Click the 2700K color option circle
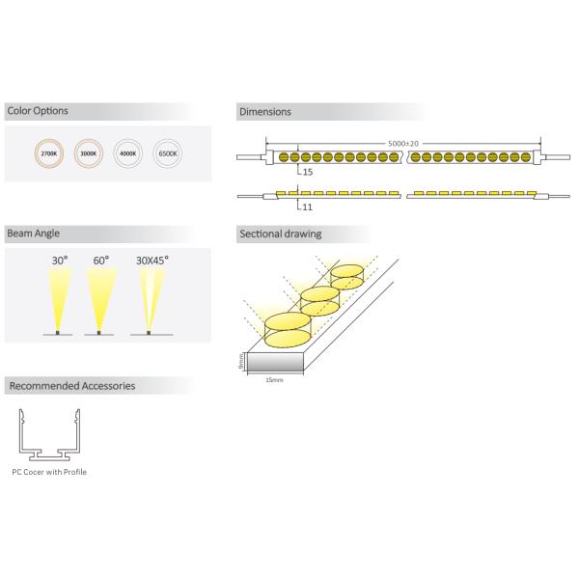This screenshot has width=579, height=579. [47, 152]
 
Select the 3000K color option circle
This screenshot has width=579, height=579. [88, 152]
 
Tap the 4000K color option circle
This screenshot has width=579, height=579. [127, 152]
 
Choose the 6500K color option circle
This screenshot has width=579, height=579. [167, 152]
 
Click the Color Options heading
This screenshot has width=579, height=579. [38, 111]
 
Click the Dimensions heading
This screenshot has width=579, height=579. [264, 112]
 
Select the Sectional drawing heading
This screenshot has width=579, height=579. [280, 234]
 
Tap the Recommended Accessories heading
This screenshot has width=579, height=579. [71, 386]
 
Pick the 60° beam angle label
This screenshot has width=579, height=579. [100, 261]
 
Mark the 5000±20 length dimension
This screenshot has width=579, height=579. [402, 143]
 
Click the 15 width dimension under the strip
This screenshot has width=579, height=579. [308, 172]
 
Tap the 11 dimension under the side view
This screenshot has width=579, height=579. [307, 207]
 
